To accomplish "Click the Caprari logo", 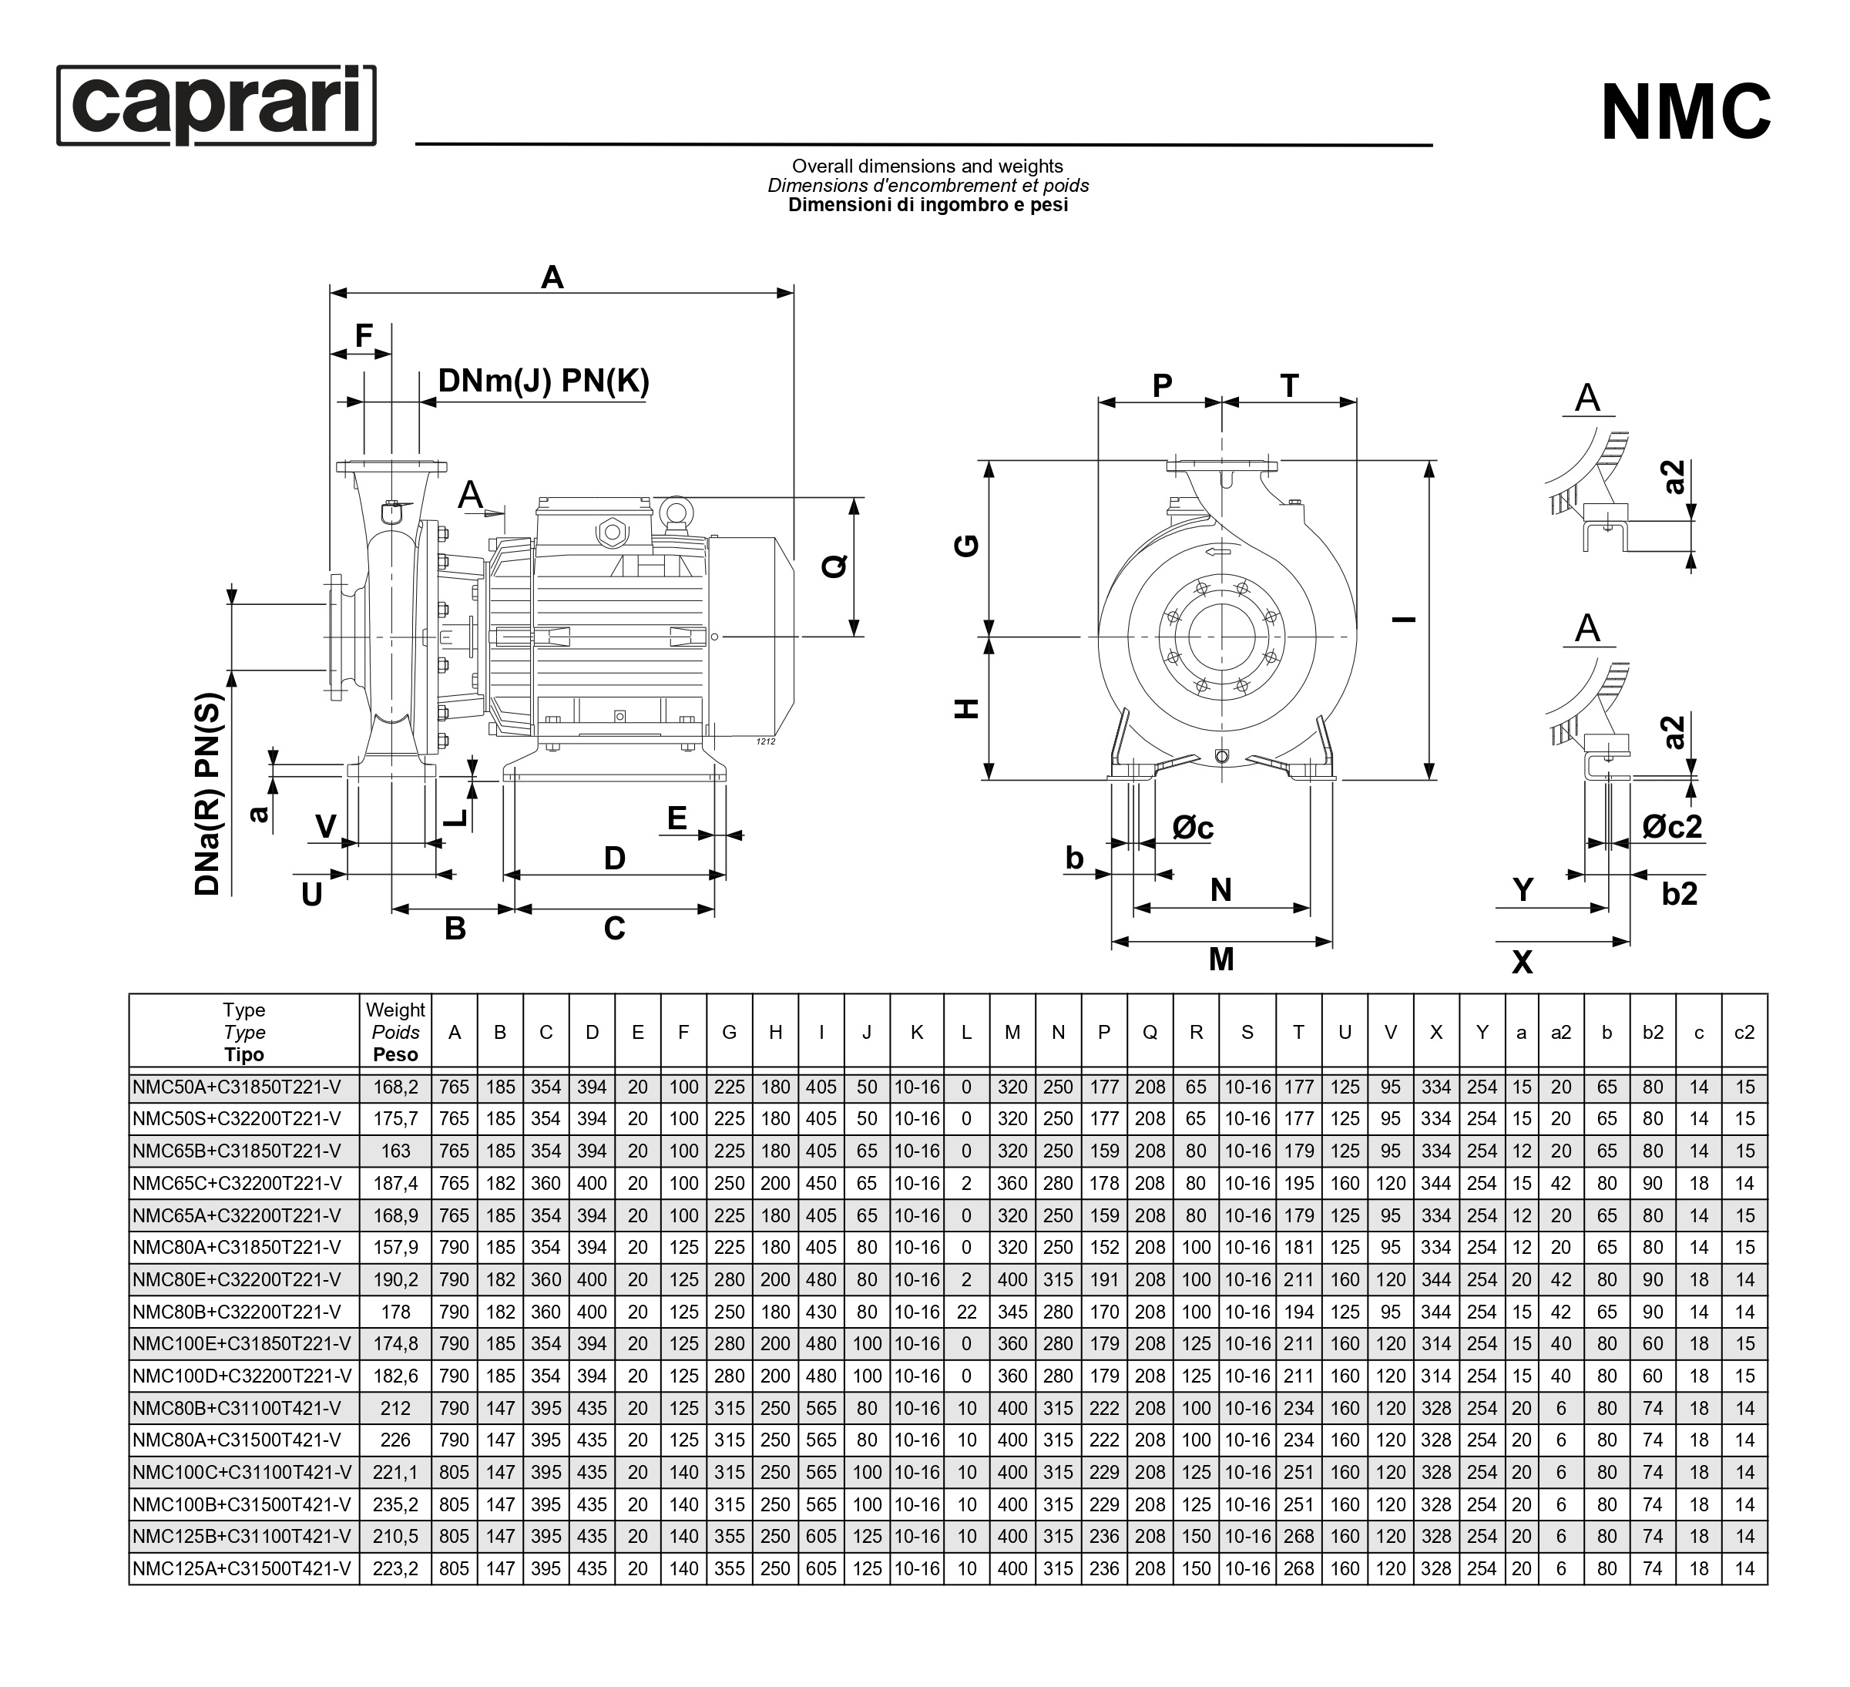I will [x=217, y=105].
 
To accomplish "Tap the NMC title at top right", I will [x=1685, y=113].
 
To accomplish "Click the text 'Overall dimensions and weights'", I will [x=927, y=166].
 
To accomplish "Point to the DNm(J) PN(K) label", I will [x=543, y=381].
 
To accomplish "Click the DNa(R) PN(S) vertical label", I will [x=210, y=794].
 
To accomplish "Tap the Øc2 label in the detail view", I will [x=1672, y=827].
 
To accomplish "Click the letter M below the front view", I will [x=1220, y=960].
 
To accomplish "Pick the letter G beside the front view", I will [x=967, y=546].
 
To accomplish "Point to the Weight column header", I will [x=395, y=1032].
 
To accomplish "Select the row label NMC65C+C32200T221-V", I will [x=237, y=1184].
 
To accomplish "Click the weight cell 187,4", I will [x=395, y=1184].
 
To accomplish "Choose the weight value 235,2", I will [x=395, y=1505].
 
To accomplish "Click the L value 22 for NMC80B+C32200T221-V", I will [x=966, y=1312].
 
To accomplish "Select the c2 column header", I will [x=1744, y=1033].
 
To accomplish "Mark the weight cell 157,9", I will [x=395, y=1248].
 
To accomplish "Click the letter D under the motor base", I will [x=614, y=859].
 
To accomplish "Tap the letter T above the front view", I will [x=1289, y=386].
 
